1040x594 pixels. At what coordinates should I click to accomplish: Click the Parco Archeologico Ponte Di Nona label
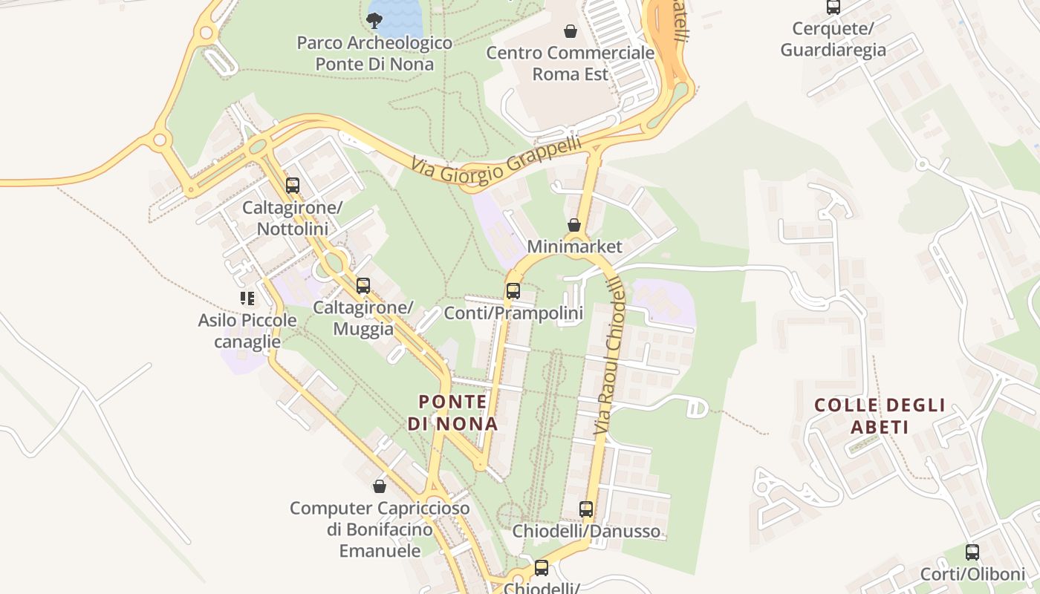(x=374, y=53)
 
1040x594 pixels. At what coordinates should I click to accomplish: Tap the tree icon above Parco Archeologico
(x=374, y=20)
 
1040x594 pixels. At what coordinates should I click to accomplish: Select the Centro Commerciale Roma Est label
(x=570, y=64)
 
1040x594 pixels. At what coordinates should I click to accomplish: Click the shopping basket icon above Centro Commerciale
(x=570, y=30)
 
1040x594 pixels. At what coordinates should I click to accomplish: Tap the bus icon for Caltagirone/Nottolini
(x=293, y=186)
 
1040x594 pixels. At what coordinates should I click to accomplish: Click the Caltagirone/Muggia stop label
(x=363, y=318)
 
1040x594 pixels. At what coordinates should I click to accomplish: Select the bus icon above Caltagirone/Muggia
(x=363, y=285)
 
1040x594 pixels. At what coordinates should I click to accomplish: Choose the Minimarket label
(x=574, y=246)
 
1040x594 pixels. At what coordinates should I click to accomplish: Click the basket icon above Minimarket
(x=574, y=224)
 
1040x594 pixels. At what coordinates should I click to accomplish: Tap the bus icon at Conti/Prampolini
(x=513, y=291)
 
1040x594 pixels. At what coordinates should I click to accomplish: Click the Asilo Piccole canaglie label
(x=247, y=331)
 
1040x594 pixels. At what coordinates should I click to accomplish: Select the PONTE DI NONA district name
(x=452, y=413)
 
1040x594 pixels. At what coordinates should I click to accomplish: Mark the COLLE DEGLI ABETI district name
(x=880, y=416)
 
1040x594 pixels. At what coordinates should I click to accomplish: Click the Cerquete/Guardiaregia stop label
(x=833, y=39)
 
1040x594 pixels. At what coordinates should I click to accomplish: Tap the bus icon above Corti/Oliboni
(x=972, y=552)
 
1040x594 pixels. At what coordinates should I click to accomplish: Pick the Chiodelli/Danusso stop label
(x=586, y=532)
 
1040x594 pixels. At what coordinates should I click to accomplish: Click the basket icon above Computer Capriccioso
(x=380, y=486)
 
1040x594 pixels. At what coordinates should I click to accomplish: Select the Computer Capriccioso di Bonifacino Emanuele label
(x=380, y=529)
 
